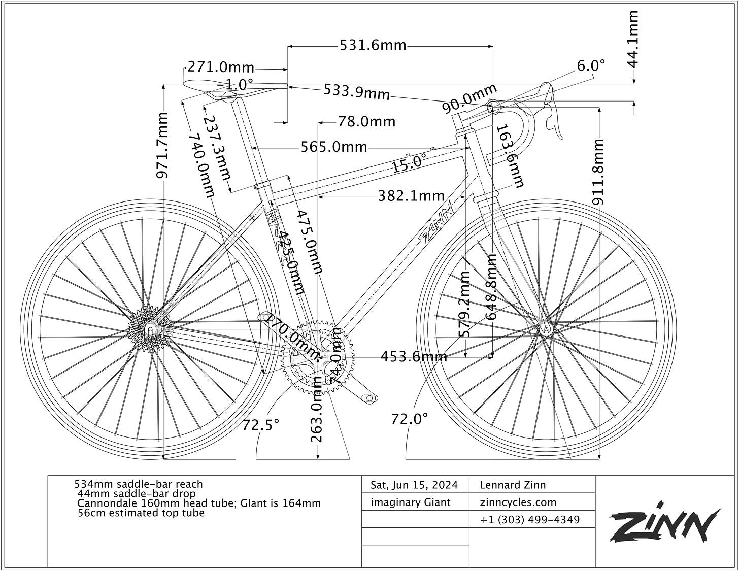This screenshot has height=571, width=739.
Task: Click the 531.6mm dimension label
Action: pyautogui.click(x=373, y=46)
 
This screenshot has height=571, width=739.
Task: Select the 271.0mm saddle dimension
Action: pyautogui.click(x=221, y=67)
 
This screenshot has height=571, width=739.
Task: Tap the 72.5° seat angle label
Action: pyautogui.click(x=260, y=424)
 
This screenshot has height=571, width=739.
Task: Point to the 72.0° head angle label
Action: pyautogui.click(x=410, y=419)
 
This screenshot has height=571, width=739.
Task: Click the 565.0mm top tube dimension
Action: pyautogui.click(x=333, y=147)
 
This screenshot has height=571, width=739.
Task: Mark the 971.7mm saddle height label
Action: pyautogui.click(x=162, y=146)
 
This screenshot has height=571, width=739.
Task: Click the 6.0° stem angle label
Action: pyautogui.click(x=591, y=65)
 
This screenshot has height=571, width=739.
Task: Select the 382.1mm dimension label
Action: pyautogui.click(x=411, y=196)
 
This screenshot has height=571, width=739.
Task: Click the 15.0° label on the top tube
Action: pyautogui.click(x=409, y=163)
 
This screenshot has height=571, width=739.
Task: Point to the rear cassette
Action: pyautogui.click(x=149, y=330)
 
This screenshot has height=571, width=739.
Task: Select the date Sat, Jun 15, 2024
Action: pyautogui.click(x=414, y=485)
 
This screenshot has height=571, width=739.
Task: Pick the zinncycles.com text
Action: pyautogui.click(x=518, y=502)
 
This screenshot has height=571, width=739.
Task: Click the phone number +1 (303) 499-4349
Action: pyautogui.click(x=529, y=520)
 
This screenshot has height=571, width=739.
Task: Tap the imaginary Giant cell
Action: pyautogui.click(x=411, y=502)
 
